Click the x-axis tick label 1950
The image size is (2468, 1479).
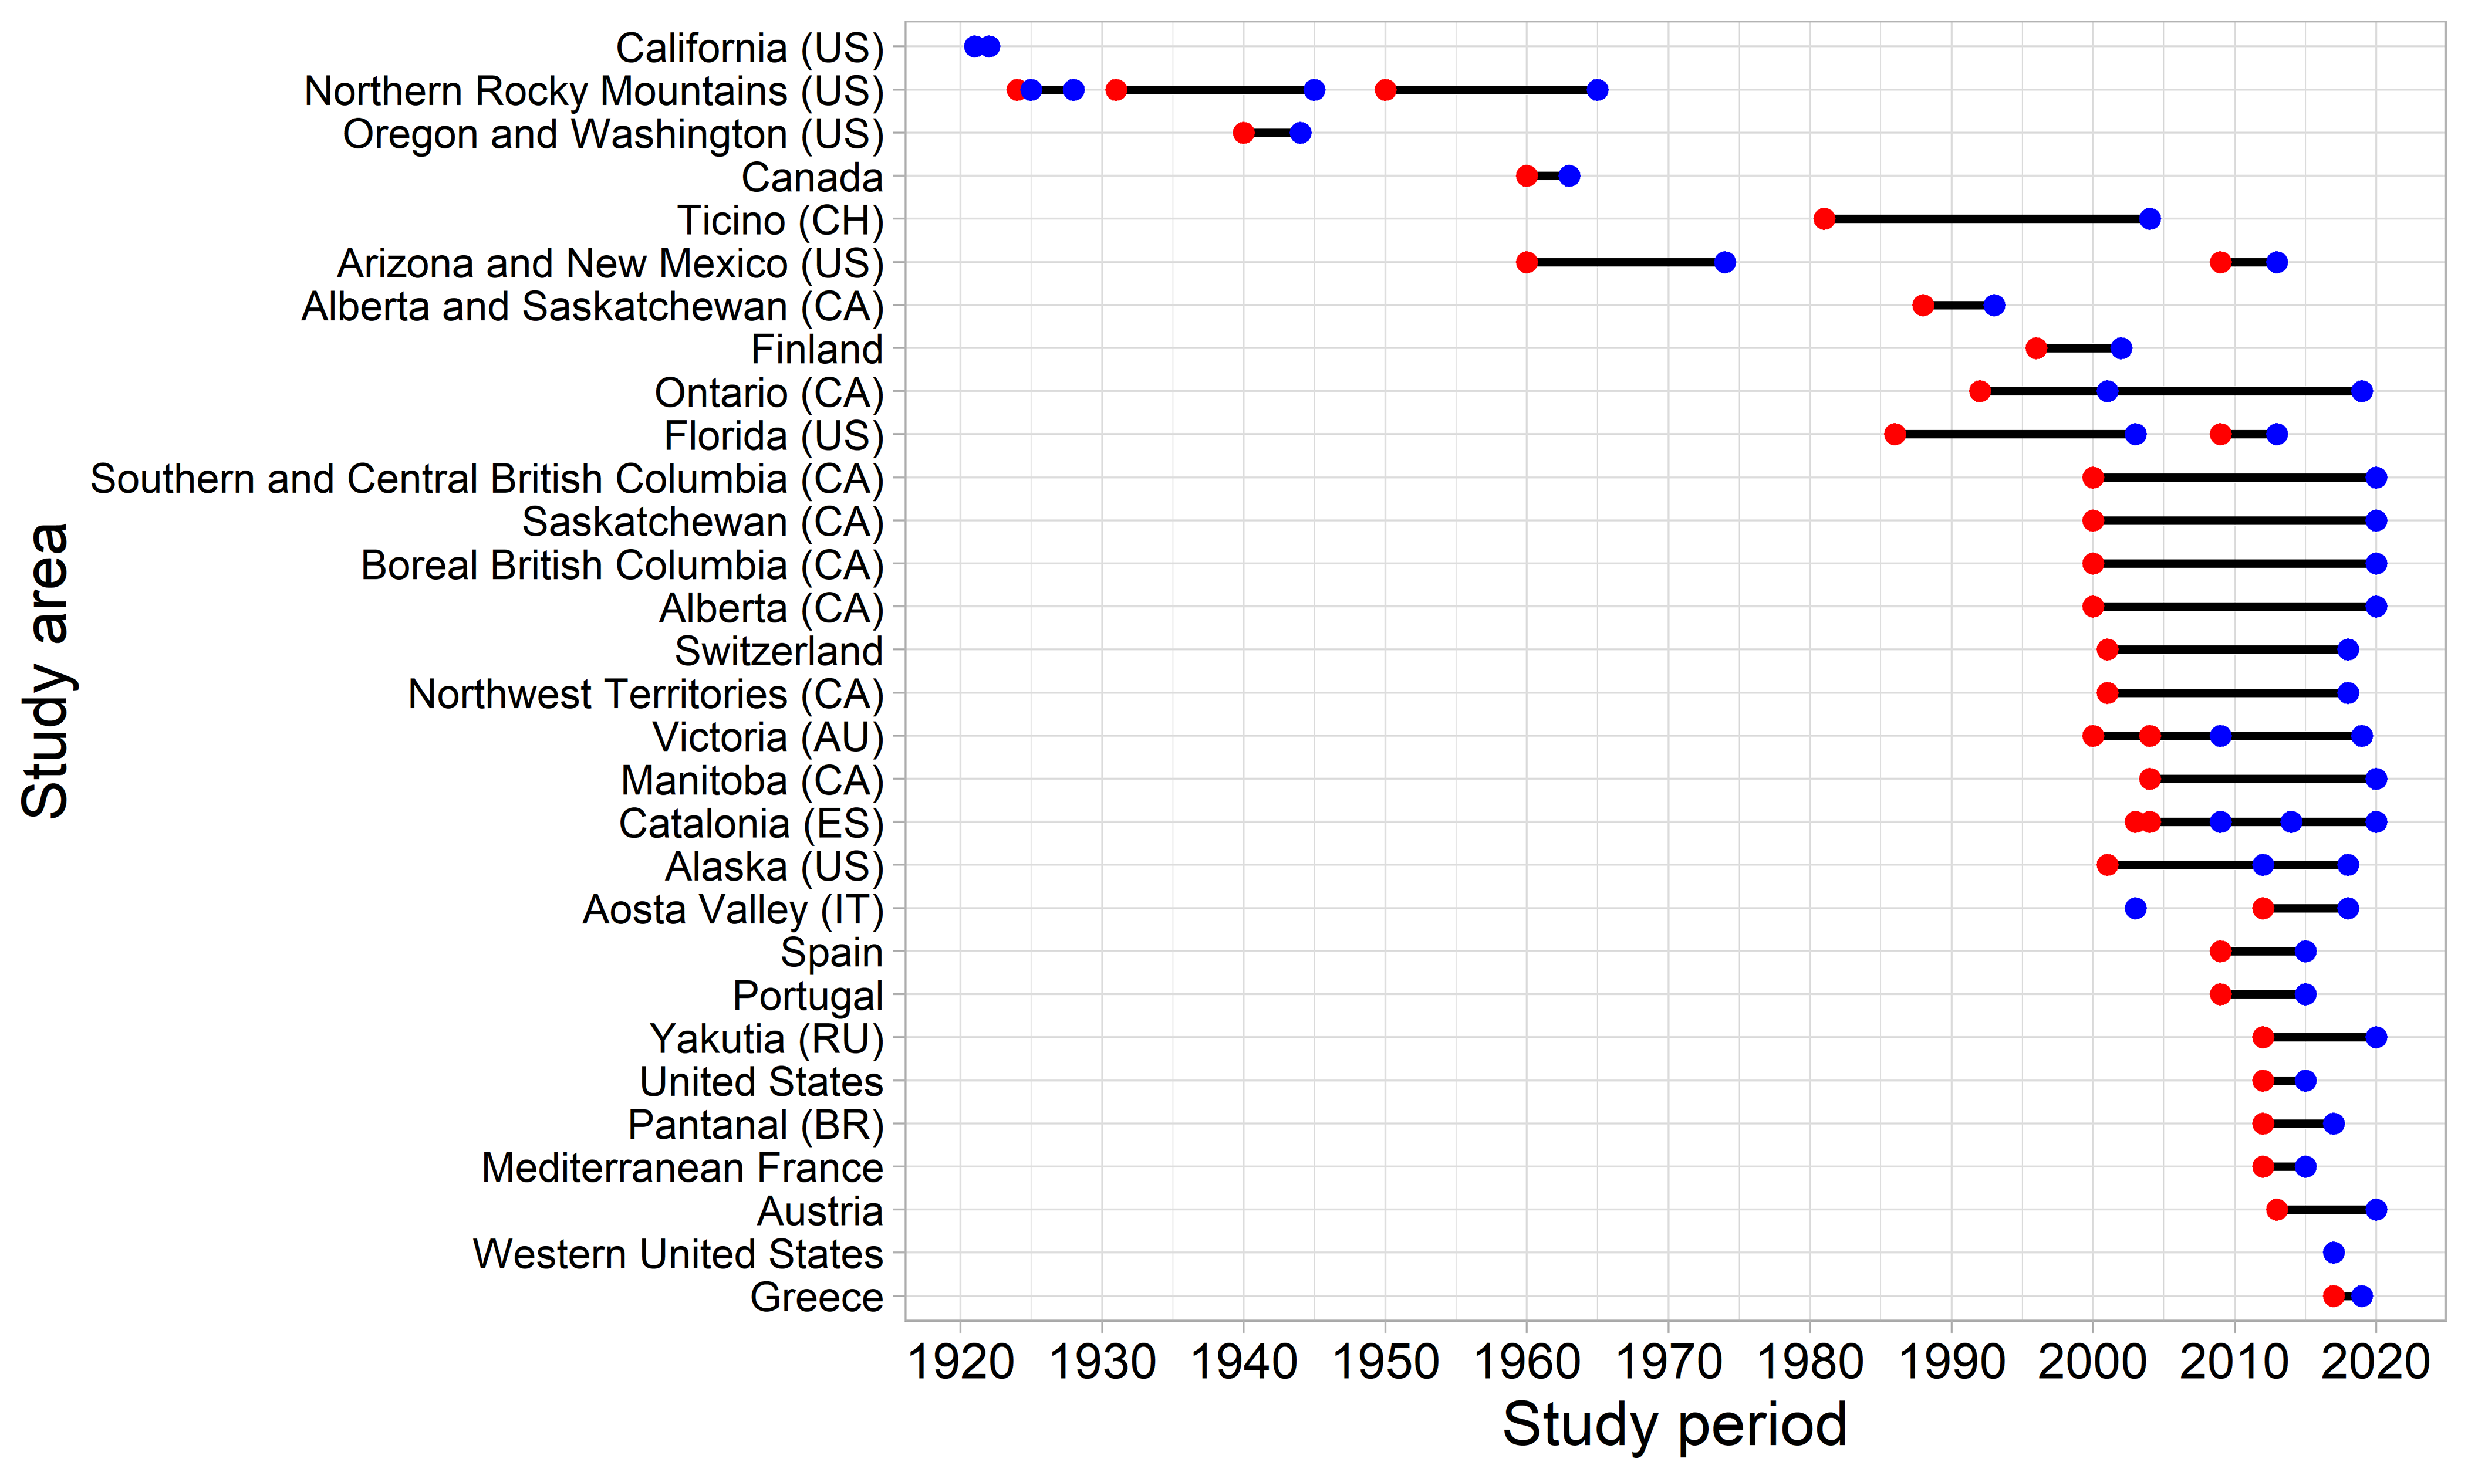point(1386,1362)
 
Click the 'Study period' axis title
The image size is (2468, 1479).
point(1674,1424)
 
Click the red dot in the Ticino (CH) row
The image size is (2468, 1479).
point(1824,219)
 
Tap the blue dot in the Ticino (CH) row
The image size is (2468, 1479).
point(2150,219)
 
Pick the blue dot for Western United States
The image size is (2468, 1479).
point(2334,1253)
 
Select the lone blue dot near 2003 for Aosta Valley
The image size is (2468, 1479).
point(2135,908)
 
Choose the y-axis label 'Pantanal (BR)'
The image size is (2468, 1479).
point(755,1124)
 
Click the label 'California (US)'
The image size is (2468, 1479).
point(749,48)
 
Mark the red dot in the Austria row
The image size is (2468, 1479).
point(2277,1210)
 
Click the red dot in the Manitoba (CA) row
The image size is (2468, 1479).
point(2150,779)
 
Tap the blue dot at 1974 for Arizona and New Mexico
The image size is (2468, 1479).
point(1724,262)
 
